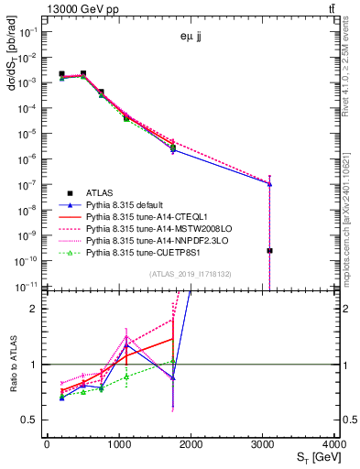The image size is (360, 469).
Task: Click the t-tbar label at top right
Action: coord(329,7)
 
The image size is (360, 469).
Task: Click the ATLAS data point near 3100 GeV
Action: coord(270,250)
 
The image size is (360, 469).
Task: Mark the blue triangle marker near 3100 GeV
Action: coord(270,183)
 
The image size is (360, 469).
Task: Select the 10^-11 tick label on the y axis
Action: coord(27,287)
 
